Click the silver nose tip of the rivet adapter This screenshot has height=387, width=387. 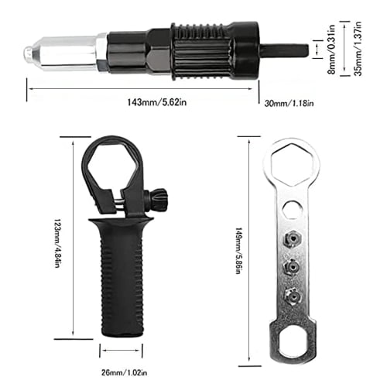pyautogui.click(x=29, y=53)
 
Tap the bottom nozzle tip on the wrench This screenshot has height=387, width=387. pyautogui.click(x=291, y=294)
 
